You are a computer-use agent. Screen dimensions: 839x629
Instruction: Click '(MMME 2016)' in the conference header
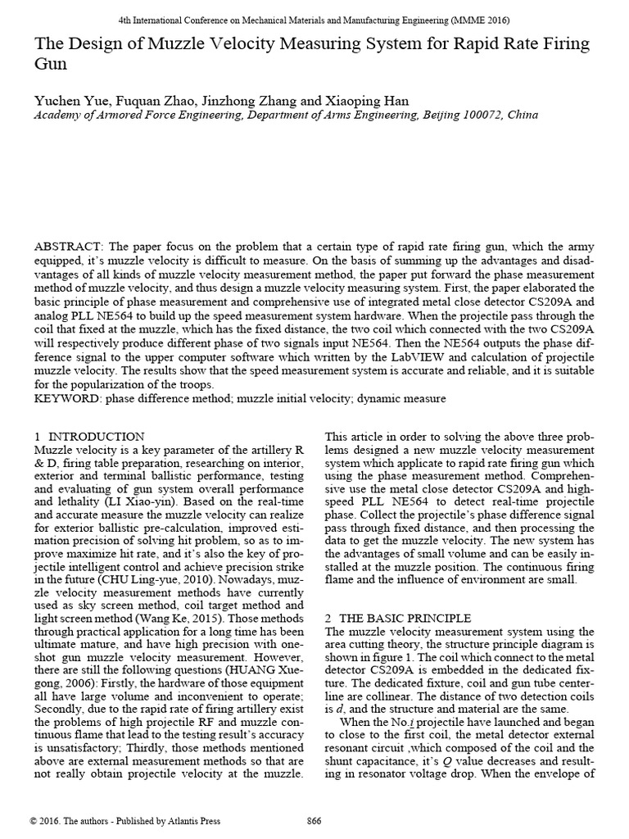click(x=485, y=20)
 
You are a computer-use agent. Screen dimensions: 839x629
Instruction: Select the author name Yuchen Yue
click(x=66, y=101)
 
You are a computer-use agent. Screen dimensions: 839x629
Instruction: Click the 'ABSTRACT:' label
click(x=68, y=247)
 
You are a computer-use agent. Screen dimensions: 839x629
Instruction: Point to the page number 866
click(x=314, y=822)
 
